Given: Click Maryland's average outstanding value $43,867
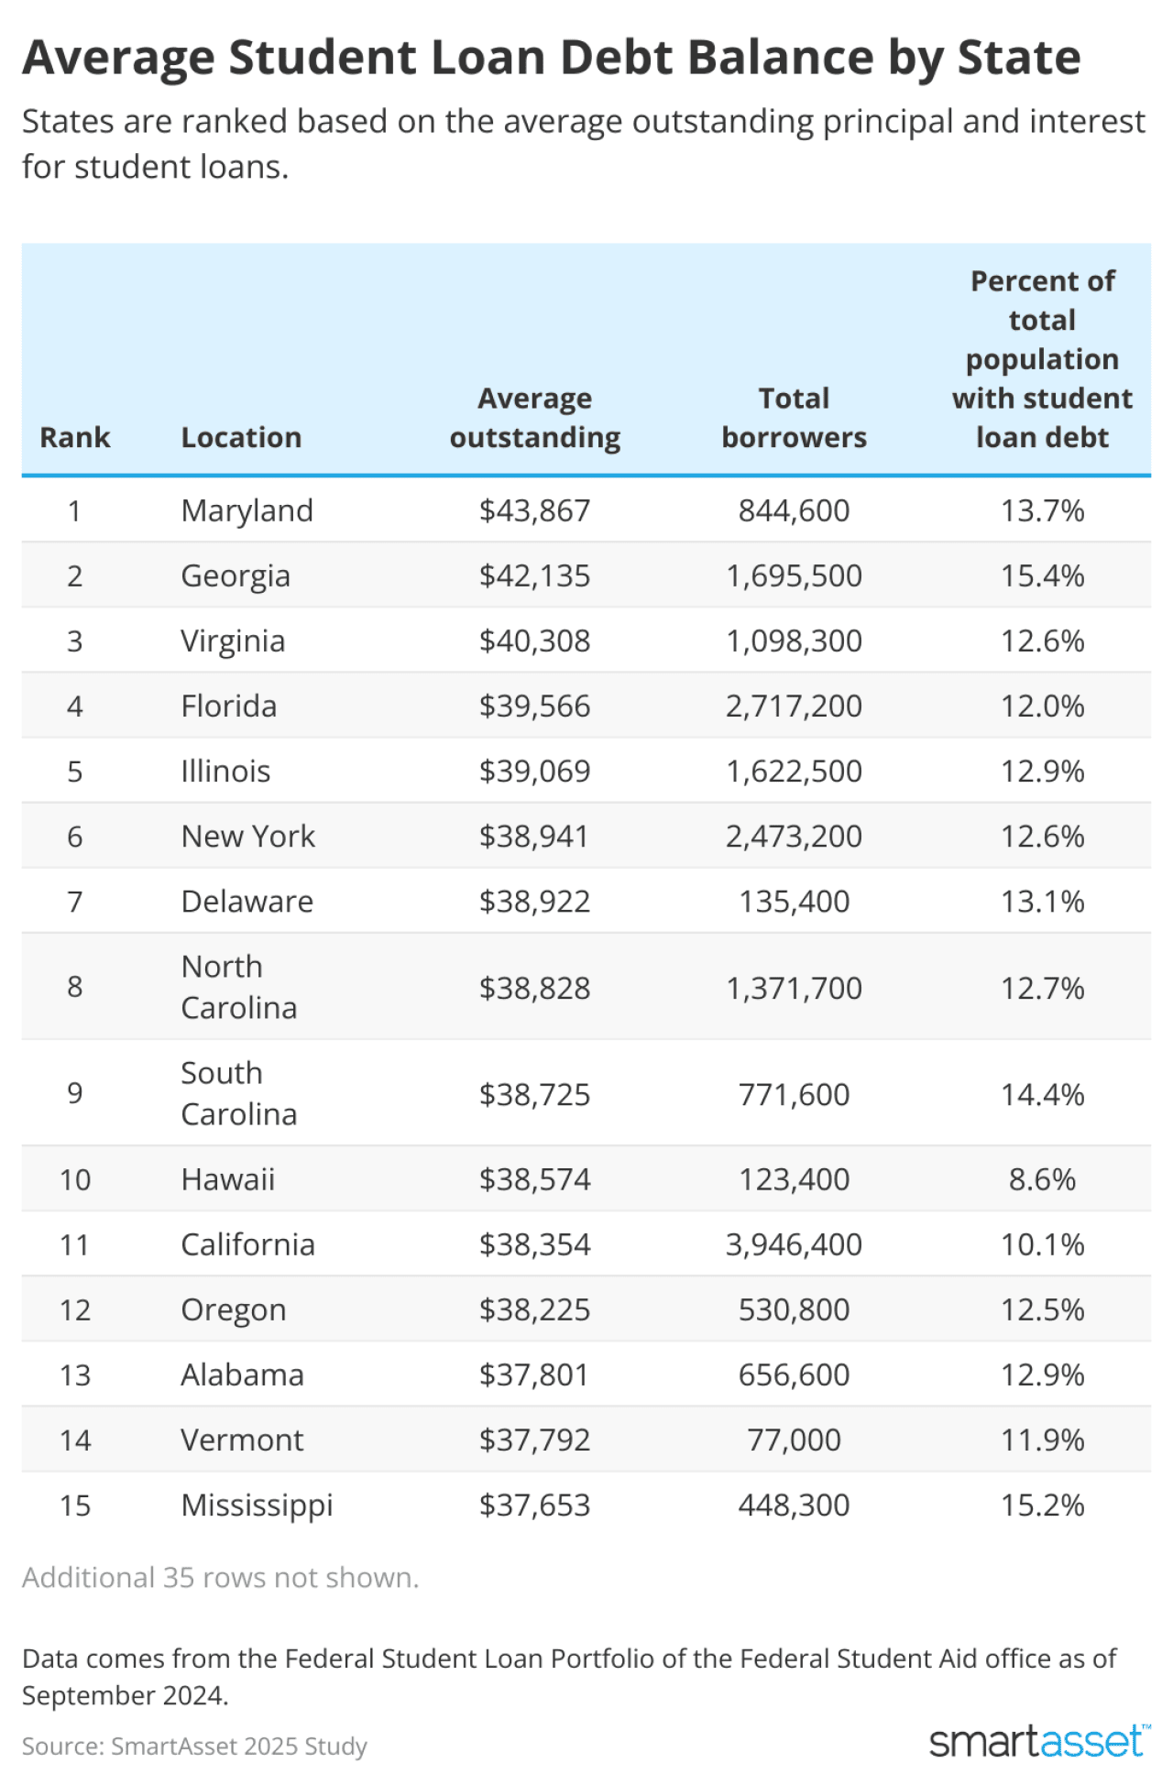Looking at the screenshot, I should (x=534, y=510).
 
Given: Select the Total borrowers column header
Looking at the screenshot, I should (x=794, y=418).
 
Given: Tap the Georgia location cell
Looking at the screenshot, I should (x=236, y=575).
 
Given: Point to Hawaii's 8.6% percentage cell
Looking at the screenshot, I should (x=1042, y=1179).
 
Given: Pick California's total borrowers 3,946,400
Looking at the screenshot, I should (x=794, y=1244).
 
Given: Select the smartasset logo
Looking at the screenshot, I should (x=1038, y=1741).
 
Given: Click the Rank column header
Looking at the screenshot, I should (x=75, y=437).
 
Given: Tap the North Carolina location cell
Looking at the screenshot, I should (x=238, y=987).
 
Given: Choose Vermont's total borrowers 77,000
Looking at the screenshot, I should (x=794, y=1440).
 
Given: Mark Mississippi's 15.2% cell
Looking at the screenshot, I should (x=1042, y=1505).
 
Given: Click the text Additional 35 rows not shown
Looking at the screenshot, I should (x=220, y=1577).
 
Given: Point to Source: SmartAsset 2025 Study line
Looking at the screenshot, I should (x=194, y=1746).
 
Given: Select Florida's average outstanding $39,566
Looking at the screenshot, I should (x=534, y=706).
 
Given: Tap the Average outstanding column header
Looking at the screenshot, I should (x=534, y=418).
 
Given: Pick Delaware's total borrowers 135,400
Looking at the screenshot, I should (x=794, y=902).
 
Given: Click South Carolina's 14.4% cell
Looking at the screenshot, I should (x=1042, y=1094).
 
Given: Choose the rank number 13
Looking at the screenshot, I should (x=75, y=1374).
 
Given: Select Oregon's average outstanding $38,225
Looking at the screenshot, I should (x=534, y=1309).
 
